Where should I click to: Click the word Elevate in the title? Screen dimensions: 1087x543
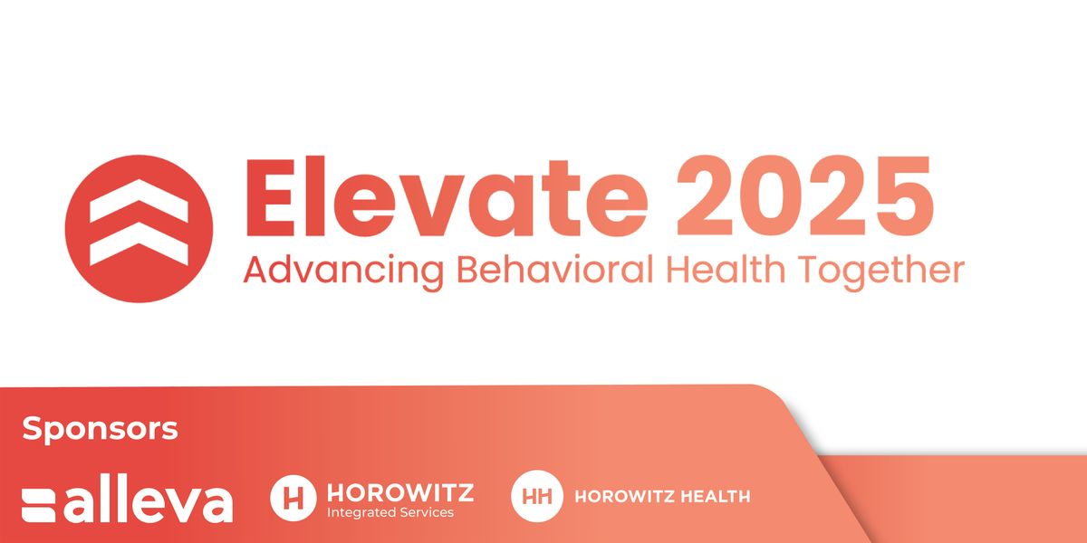click(x=447, y=196)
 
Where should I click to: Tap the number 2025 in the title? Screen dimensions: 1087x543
click(x=805, y=196)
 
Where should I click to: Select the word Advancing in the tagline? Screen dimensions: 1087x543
click(x=343, y=271)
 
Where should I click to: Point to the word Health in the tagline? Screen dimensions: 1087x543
click(x=725, y=270)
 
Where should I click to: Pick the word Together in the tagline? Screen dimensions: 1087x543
click(x=881, y=271)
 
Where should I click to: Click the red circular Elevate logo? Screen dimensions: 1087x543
click(x=139, y=229)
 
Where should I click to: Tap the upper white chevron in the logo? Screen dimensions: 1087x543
click(x=139, y=201)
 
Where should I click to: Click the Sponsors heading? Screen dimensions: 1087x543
click(x=100, y=430)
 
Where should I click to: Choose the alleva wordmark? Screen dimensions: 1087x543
click(x=149, y=499)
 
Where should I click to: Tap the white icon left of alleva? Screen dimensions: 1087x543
click(x=39, y=506)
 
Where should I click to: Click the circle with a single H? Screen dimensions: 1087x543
click(x=293, y=498)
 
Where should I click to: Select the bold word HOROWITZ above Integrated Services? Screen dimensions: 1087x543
click(x=400, y=493)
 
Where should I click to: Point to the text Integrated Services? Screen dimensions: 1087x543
click(x=390, y=513)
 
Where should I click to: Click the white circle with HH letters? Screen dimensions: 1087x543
click(x=536, y=496)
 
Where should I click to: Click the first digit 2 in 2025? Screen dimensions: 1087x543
click(x=705, y=195)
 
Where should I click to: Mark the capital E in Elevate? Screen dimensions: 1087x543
click(x=271, y=196)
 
